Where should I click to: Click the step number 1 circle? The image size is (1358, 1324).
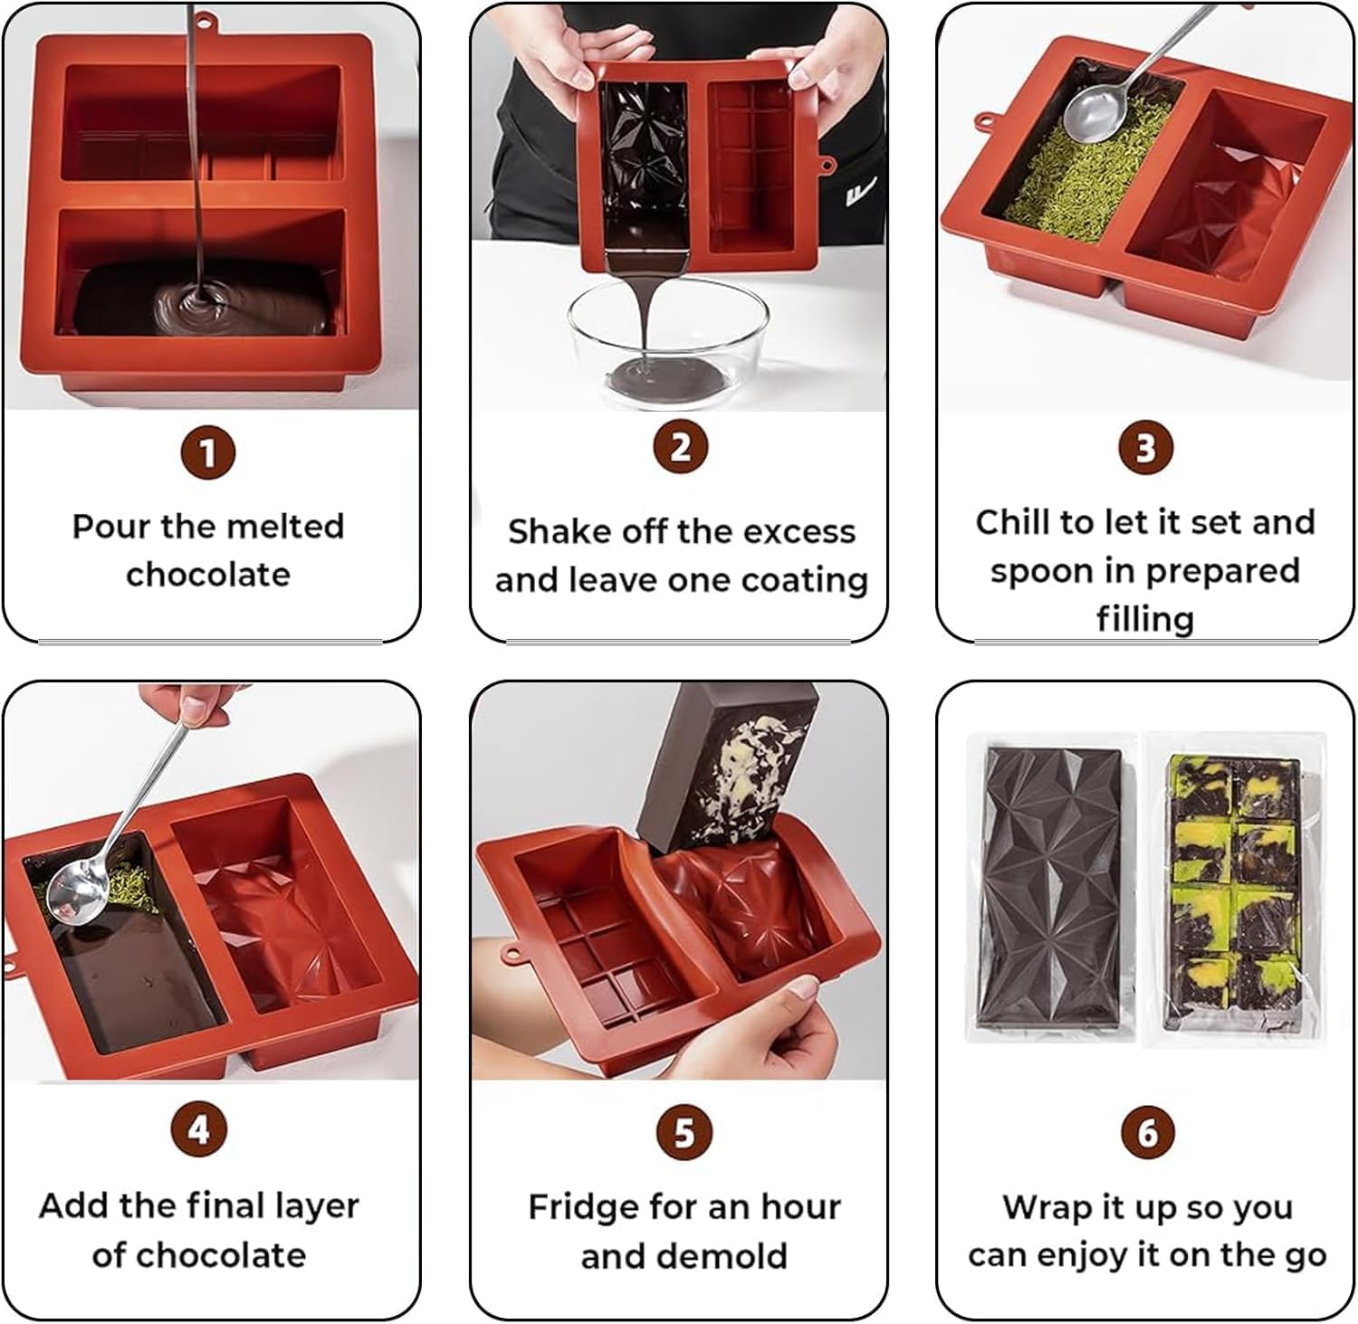(x=208, y=452)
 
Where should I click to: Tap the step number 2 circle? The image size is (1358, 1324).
(x=681, y=447)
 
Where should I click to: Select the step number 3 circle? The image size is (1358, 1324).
(x=1145, y=448)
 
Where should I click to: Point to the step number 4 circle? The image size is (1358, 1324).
(x=199, y=1129)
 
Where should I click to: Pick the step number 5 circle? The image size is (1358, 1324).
(x=684, y=1131)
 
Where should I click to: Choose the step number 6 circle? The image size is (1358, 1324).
(x=1147, y=1132)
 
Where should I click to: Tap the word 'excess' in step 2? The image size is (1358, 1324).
(x=804, y=532)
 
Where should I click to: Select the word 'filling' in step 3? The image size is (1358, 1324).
(x=1145, y=620)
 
